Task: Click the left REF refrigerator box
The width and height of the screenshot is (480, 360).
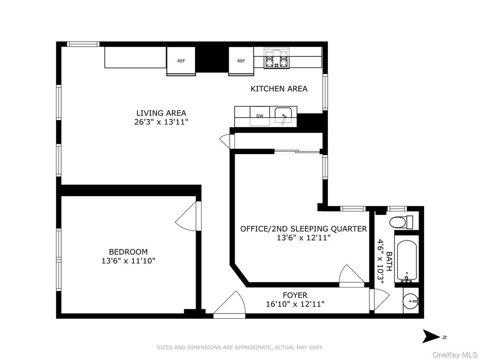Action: [x=181, y=61]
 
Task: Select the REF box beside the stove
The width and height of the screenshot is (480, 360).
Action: [x=241, y=61]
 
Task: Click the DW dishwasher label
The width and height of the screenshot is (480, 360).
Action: [x=260, y=116]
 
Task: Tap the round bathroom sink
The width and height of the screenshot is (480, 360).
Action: [x=410, y=302]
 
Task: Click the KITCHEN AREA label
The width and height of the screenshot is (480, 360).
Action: [x=279, y=89]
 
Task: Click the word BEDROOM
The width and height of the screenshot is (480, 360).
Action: [x=128, y=252]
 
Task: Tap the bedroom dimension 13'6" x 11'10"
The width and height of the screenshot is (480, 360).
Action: [x=128, y=261]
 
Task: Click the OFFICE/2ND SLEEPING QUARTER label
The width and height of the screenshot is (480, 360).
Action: [x=303, y=229]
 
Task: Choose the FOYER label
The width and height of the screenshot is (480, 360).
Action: [x=295, y=295]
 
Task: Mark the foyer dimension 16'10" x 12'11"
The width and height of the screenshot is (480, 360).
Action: [x=295, y=304]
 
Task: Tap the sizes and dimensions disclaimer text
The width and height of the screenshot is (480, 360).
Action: [x=240, y=347]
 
